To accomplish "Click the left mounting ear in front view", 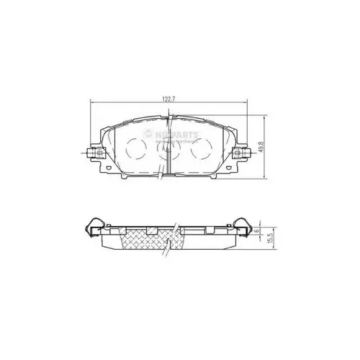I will click(92, 153).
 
